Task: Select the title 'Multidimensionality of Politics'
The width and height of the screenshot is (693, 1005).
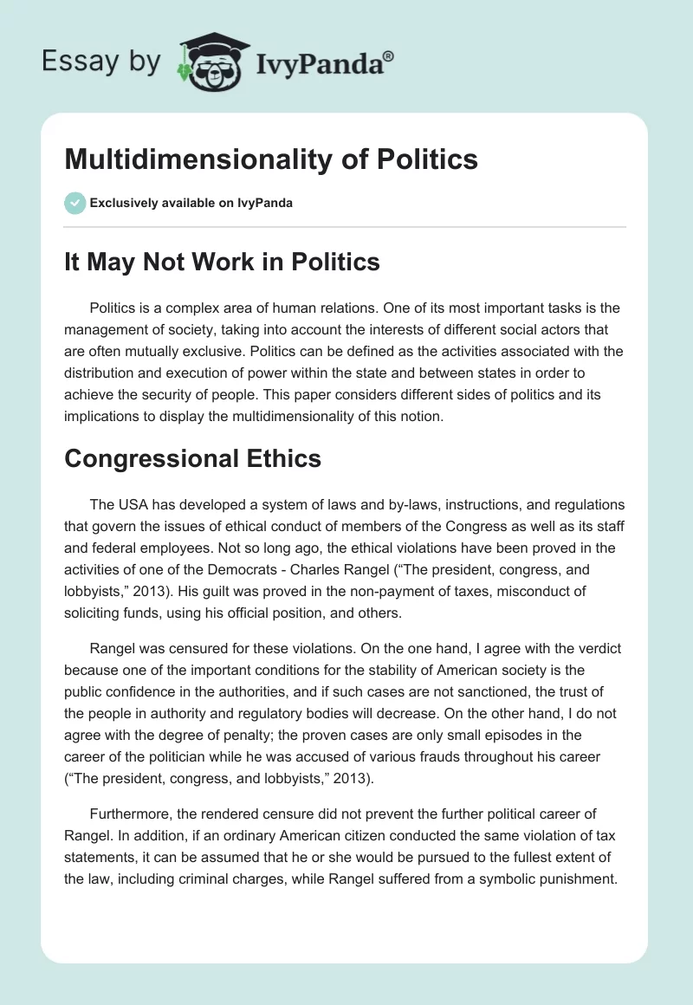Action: tap(271, 159)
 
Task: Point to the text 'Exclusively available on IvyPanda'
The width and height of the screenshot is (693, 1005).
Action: tap(191, 204)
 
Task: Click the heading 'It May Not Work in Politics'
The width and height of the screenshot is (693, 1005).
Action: tap(222, 262)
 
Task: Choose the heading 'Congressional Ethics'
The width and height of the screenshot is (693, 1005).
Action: tap(192, 458)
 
